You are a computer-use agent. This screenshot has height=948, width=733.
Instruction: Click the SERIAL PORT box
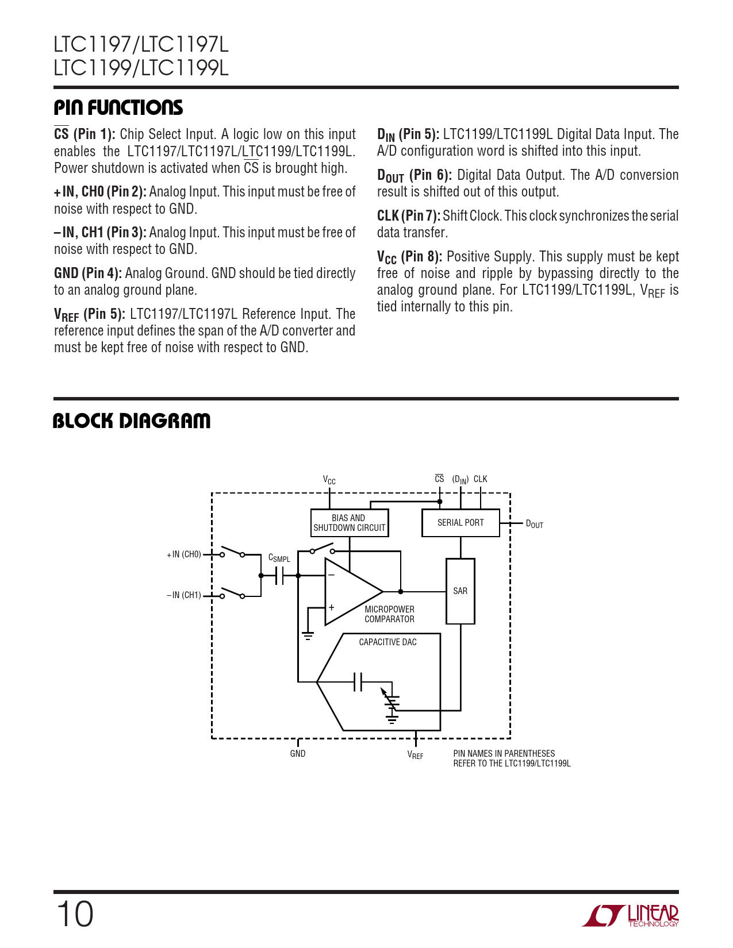pos(460,523)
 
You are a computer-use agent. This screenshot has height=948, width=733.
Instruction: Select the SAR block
pos(460,591)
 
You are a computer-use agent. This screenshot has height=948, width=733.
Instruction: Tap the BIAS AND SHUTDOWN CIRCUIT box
pos(349,523)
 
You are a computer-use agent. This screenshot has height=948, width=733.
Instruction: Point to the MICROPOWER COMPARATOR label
pos(389,614)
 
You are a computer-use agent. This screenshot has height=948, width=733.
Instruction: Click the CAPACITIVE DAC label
pos(387,642)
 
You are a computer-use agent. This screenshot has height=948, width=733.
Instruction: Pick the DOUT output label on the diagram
pos(534,524)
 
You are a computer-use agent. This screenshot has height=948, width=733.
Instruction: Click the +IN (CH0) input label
pos(184,554)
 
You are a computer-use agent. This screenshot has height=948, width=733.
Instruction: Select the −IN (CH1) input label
pos(184,595)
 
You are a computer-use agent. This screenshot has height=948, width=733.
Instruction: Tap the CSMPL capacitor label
pos(279,558)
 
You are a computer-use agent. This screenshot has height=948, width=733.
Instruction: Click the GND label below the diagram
pos(298,754)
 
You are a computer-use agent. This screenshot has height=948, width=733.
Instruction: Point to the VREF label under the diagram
pos(415,755)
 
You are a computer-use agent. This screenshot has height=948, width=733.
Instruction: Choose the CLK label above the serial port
pos(481,479)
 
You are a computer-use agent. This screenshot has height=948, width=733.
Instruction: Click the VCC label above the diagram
pos(329,480)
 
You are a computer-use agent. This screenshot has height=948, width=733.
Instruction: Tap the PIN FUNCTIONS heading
pos(118,108)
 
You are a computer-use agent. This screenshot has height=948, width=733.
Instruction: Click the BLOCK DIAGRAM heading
pos(132,421)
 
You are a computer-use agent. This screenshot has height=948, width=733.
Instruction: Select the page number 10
pos(75,914)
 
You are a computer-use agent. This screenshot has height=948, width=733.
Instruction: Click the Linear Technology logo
pos(630,916)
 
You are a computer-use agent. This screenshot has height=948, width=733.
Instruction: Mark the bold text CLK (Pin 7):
pos(409,216)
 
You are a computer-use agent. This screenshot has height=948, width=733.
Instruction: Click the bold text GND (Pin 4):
pos(88,273)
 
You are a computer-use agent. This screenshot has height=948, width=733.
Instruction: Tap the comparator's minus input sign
pos(331,575)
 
